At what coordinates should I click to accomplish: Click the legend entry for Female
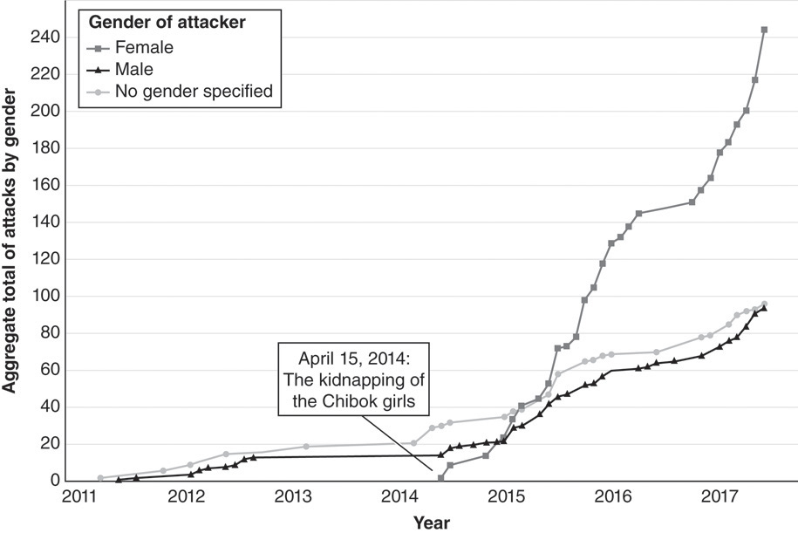coord(138,48)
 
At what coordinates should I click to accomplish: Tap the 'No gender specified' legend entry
coord(182,89)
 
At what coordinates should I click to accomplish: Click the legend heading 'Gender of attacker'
coord(164,24)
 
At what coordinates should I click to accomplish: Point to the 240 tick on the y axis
coord(48,38)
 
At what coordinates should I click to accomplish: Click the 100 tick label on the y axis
coord(48,297)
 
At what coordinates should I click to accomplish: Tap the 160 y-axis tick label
coord(48,186)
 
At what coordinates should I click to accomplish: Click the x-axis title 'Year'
coord(431,522)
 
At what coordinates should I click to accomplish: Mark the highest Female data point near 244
coord(764,30)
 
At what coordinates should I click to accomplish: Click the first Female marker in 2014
coord(441,478)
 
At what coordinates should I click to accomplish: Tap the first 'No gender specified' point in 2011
coord(100,478)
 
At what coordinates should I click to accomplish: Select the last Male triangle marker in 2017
coord(764,308)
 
